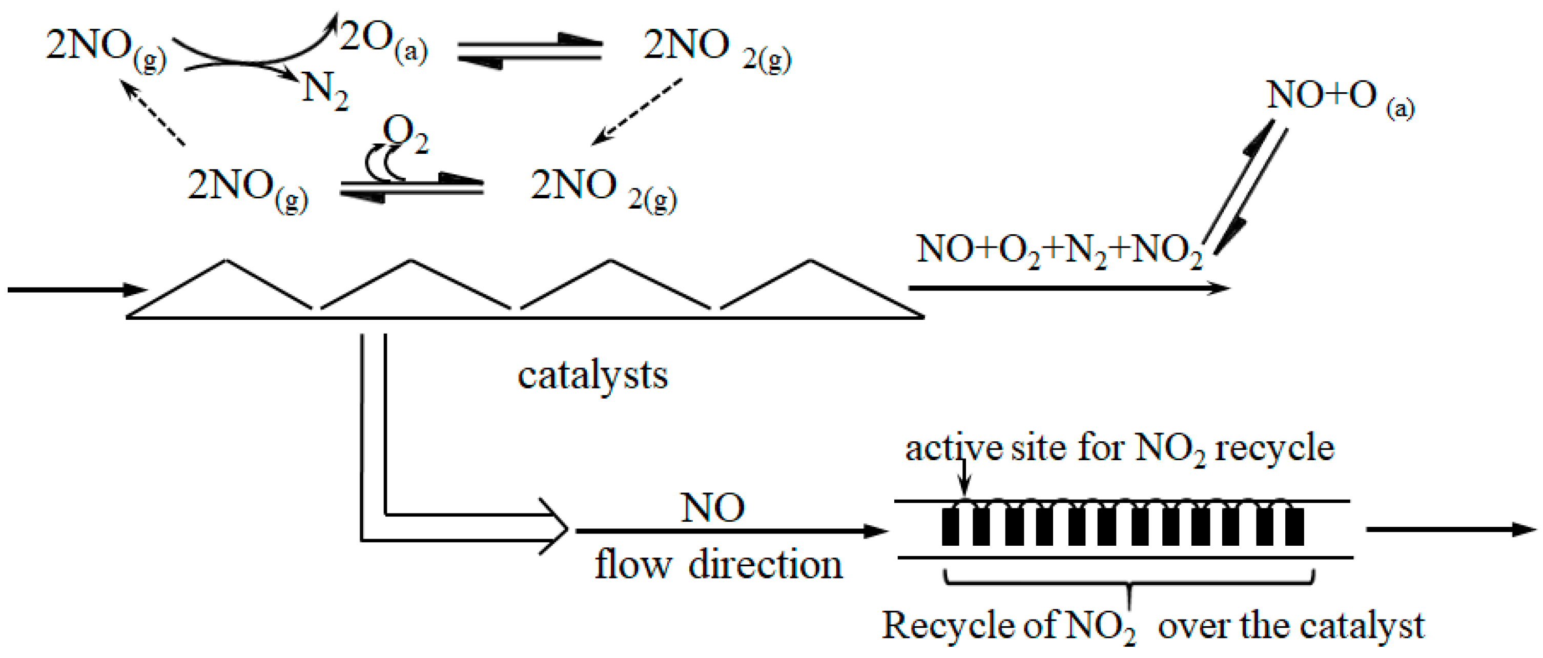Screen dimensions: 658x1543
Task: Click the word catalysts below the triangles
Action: click(592, 376)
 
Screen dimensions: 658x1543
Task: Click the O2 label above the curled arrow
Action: click(405, 133)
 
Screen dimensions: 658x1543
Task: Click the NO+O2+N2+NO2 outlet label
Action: click(1059, 250)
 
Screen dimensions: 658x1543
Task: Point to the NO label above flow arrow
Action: click(712, 508)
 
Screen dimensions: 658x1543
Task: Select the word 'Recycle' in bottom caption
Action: click(947, 626)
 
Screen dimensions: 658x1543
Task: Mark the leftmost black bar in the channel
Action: click(950, 526)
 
